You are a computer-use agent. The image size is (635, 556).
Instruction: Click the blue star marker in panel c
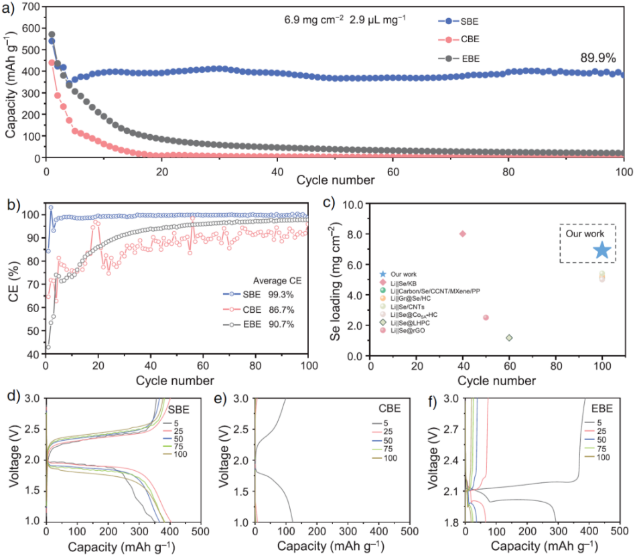(602, 251)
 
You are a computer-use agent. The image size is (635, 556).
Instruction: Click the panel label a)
(10, 9)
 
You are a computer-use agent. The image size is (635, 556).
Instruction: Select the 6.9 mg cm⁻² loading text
(321, 21)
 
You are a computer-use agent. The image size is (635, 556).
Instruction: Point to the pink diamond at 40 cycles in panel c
(463, 234)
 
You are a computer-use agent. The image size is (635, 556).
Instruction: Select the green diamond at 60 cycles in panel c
(509, 338)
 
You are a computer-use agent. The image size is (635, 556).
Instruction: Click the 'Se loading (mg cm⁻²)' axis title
(337, 280)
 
